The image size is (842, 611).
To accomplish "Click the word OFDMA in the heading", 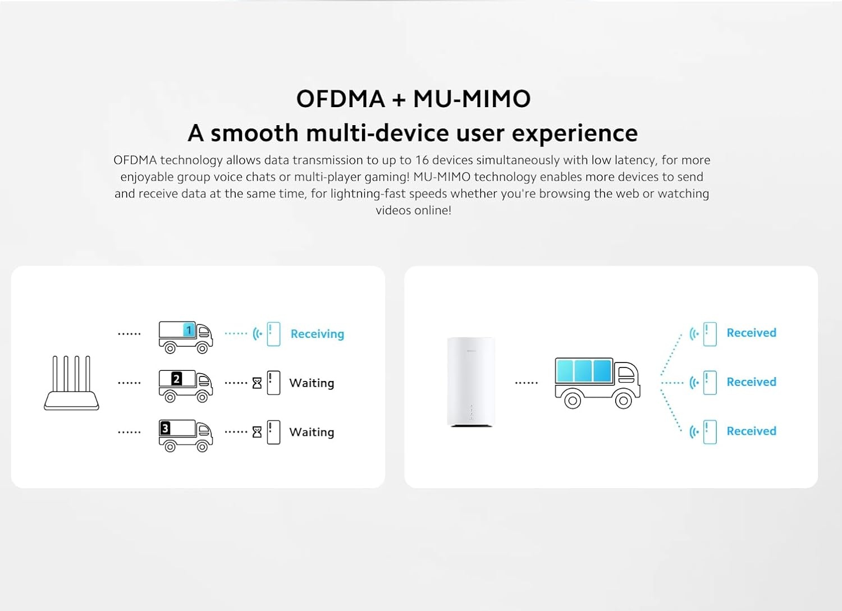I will [340, 99].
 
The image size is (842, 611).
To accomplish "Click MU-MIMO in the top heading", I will [472, 99].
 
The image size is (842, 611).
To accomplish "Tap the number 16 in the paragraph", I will [422, 160].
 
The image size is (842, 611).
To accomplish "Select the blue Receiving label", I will [317, 334].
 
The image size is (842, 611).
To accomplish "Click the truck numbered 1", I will [185, 337].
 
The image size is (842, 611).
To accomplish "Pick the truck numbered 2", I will [185, 385].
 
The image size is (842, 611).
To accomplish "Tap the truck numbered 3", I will [185, 435].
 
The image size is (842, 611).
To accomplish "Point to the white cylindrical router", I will [471, 382].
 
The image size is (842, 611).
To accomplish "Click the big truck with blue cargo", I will [597, 382].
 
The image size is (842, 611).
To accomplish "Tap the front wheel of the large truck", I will [623, 400].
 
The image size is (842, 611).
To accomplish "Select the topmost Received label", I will [751, 333].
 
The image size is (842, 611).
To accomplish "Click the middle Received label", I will [751, 382].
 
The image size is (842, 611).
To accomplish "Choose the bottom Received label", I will [751, 431].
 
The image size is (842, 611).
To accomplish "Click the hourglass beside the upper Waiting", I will [257, 383].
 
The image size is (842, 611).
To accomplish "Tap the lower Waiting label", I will [312, 432].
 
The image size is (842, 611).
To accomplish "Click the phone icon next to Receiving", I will [273, 334].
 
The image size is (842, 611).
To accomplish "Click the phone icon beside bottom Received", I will [710, 431].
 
